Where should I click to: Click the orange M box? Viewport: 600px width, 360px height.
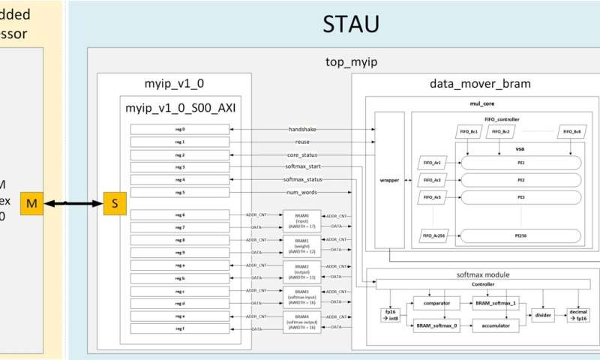[31, 204]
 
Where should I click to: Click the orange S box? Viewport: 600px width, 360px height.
[115, 204]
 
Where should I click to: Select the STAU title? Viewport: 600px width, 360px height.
[350, 24]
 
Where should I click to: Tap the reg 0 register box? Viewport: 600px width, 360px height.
[180, 129]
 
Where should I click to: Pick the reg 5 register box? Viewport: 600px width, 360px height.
[180, 193]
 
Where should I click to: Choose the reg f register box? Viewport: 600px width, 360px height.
[180, 328]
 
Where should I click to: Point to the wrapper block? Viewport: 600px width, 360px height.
[389, 180]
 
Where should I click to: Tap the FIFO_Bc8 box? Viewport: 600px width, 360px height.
[572, 132]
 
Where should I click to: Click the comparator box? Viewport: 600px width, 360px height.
[436, 303]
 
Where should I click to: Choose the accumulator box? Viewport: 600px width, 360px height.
[496, 325]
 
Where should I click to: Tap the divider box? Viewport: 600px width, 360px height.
[544, 315]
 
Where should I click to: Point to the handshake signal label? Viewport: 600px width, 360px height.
[301, 129]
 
